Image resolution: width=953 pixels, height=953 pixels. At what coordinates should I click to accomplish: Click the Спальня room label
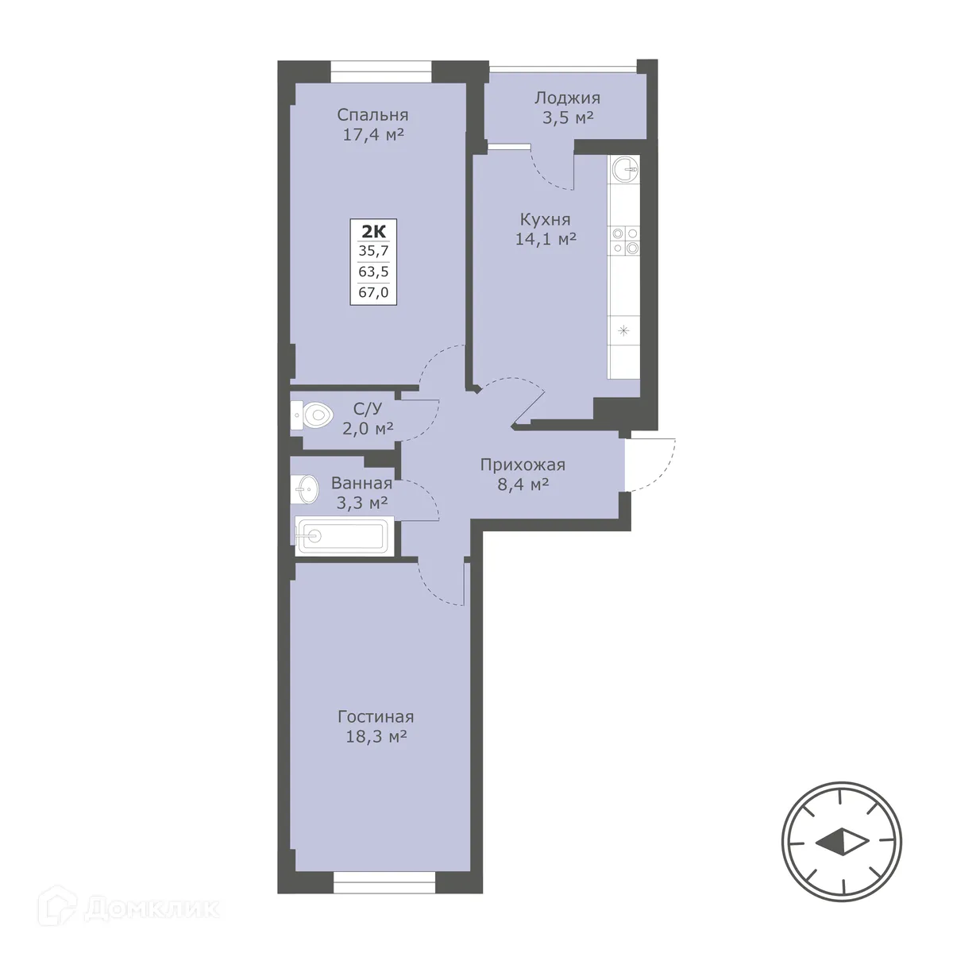(372, 115)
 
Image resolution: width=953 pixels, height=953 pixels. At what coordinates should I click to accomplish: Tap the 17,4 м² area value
(373, 135)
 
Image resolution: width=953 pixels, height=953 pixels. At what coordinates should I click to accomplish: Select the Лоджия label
(567, 98)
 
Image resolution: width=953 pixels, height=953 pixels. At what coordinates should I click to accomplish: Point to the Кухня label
(545, 219)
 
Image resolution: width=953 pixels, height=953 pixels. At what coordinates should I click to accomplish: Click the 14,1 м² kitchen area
(546, 238)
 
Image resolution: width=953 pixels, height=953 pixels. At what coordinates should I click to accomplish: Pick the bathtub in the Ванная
(342, 536)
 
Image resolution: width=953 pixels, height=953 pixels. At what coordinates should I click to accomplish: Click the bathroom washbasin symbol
(303, 488)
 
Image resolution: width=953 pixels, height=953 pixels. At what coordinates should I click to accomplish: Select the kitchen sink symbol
(624, 168)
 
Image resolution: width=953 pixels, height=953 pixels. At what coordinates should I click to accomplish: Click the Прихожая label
(523, 465)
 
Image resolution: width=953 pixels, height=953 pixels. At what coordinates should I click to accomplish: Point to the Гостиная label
(376, 717)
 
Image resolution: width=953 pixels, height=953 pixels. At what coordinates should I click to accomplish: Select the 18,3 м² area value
(376, 737)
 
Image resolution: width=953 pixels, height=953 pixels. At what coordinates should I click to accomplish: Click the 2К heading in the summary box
(373, 232)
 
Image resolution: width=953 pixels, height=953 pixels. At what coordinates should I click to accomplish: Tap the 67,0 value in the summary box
(373, 292)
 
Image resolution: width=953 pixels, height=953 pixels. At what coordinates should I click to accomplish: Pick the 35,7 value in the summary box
(373, 252)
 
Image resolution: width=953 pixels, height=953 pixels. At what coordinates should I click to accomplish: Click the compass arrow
(841, 842)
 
